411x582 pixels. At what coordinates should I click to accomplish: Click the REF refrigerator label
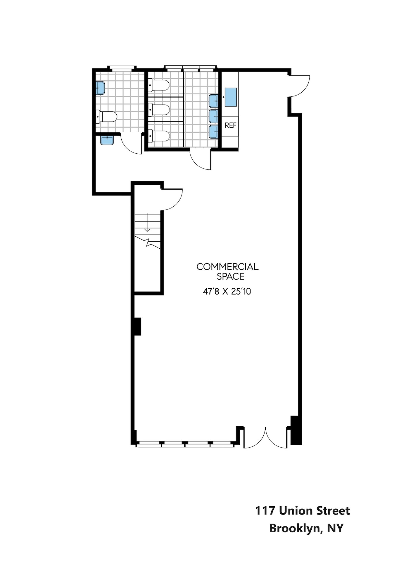point(230,125)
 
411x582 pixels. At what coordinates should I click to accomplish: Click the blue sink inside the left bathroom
point(100,88)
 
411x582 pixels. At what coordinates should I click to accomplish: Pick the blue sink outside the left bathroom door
point(107,140)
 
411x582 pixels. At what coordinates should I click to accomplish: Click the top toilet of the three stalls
point(159,85)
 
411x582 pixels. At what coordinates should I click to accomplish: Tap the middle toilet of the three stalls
point(159,110)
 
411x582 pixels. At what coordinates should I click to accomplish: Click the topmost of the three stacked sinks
point(213,101)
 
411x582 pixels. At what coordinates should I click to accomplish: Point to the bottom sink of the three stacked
point(213,131)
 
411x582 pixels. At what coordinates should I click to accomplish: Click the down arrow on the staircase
point(147,223)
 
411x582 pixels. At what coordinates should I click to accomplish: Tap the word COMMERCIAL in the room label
point(227,267)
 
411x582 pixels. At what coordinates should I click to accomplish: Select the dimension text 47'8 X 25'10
point(227,291)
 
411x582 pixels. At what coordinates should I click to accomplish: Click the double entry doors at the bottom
point(265,437)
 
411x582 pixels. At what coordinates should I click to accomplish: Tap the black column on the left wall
point(137,326)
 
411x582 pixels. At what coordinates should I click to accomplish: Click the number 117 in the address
point(265,511)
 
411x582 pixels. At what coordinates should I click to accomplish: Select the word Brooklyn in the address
point(296,528)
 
